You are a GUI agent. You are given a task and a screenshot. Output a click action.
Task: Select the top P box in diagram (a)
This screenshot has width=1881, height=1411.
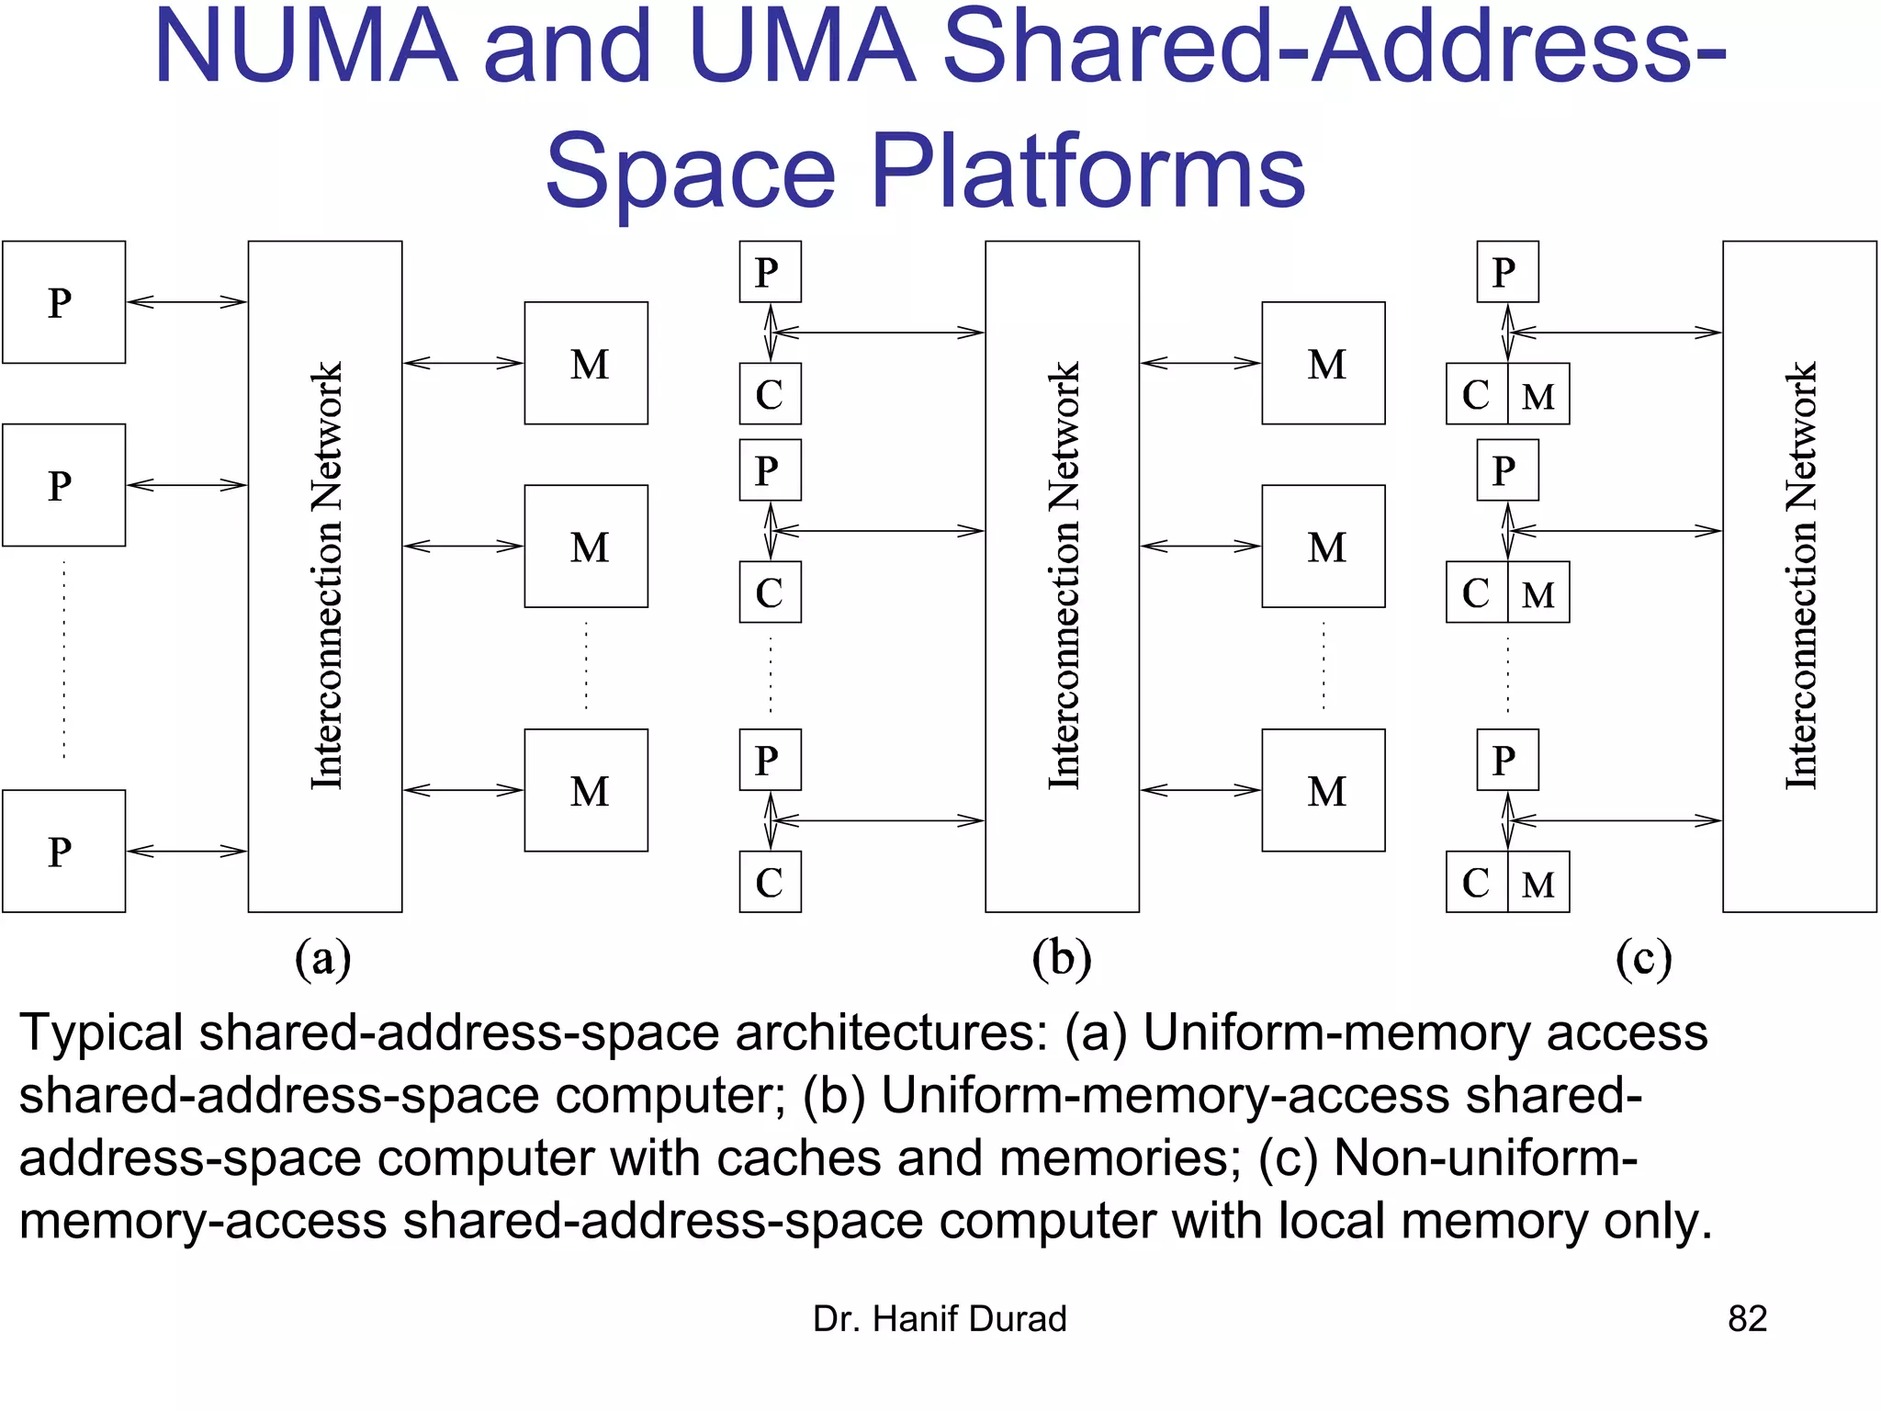(63, 302)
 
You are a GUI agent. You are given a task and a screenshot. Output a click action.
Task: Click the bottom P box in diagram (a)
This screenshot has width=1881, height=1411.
(63, 851)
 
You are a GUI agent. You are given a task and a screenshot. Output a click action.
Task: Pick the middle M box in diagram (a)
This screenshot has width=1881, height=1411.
(586, 547)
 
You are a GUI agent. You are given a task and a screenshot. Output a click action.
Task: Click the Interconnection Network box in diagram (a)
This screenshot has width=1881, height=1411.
(325, 576)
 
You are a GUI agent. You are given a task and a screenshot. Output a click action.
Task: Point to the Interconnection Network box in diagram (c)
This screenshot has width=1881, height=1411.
(1799, 576)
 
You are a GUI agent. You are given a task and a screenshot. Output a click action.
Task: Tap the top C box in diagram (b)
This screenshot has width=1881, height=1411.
(770, 394)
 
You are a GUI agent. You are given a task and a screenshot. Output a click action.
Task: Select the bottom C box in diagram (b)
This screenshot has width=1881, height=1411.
(770, 882)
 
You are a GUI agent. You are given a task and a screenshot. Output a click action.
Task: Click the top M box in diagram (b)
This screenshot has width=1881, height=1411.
(1323, 364)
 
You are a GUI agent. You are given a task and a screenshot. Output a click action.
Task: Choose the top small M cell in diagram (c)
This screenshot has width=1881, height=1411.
(1538, 395)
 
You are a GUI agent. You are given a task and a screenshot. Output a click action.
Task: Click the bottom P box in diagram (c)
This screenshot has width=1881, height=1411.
(1507, 760)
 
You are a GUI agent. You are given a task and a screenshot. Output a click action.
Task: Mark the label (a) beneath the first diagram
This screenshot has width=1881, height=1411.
(323, 959)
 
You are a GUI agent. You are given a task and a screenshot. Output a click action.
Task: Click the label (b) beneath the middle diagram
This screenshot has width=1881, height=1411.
(1062, 959)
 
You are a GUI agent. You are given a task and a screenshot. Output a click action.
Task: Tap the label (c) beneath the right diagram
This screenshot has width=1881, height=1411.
(1643, 959)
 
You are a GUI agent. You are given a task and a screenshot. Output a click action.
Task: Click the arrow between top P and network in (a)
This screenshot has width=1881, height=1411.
(186, 301)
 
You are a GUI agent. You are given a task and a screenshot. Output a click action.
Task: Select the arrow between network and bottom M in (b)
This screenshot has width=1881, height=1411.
(1200, 790)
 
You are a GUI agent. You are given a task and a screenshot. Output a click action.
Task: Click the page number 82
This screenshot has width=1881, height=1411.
(1747, 1319)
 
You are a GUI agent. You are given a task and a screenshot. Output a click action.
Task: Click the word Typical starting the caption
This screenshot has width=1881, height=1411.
(101, 1033)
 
